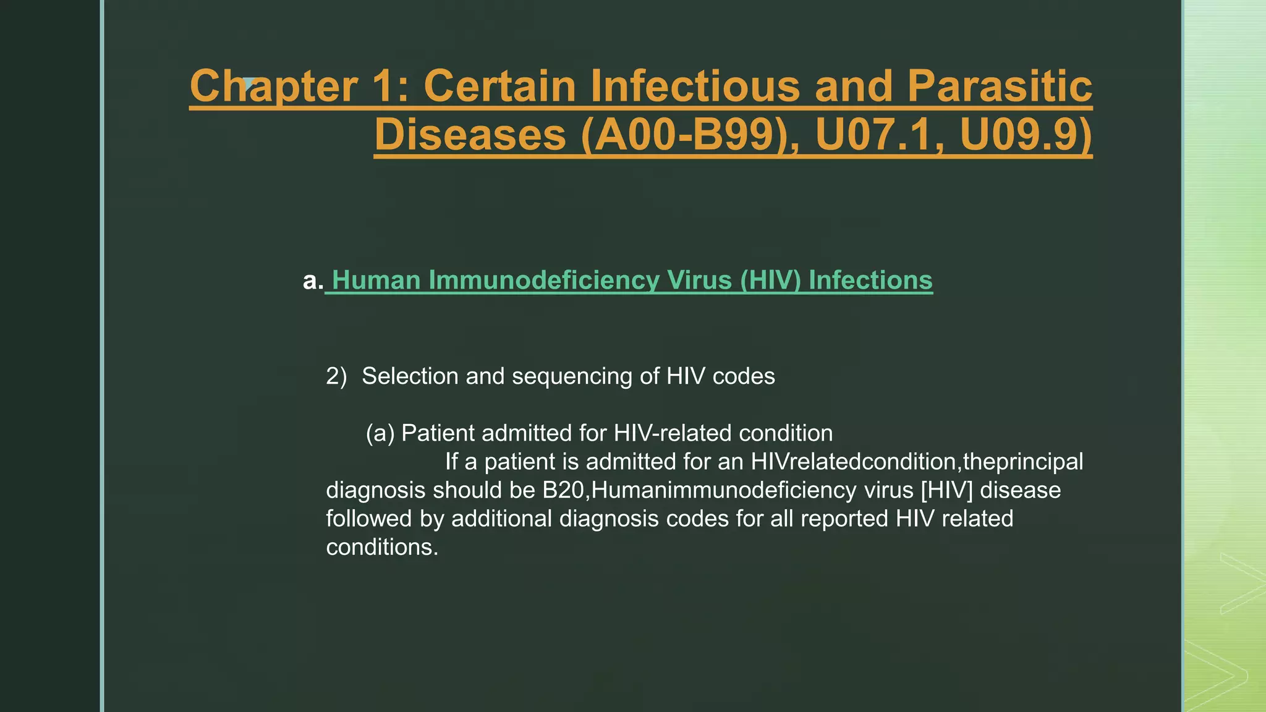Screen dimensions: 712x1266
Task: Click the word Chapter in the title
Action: (x=273, y=86)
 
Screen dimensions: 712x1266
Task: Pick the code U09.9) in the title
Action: (x=1026, y=135)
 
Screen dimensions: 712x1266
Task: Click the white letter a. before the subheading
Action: (x=313, y=281)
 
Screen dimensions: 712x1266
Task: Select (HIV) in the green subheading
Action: (x=770, y=281)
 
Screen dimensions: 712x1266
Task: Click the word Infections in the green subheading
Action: (x=870, y=281)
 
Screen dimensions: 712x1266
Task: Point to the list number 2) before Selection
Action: (x=336, y=376)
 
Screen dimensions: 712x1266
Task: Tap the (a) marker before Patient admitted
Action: (x=380, y=433)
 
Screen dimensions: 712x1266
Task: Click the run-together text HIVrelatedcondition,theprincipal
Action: (x=917, y=462)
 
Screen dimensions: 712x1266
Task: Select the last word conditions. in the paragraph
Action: (x=382, y=547)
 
